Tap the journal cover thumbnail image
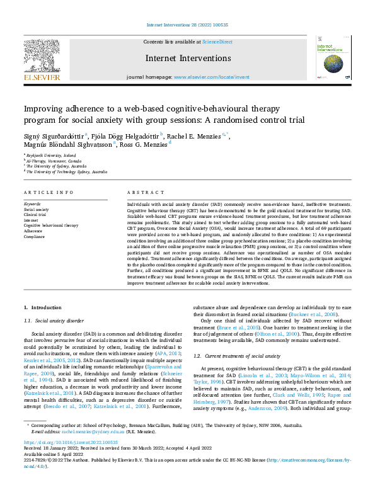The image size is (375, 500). tap(333, 57)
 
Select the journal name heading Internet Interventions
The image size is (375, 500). tap(187, 58)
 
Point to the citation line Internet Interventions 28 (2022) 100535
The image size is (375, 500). tap(187, 25)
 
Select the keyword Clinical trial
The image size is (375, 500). tap(35, 215)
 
